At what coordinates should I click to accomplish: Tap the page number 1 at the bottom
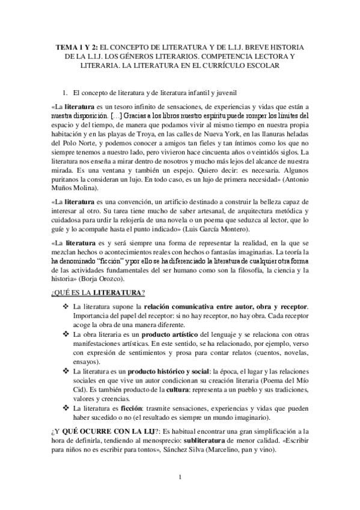coord(180,478)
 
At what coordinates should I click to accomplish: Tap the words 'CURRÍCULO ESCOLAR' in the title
coord(223,66)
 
